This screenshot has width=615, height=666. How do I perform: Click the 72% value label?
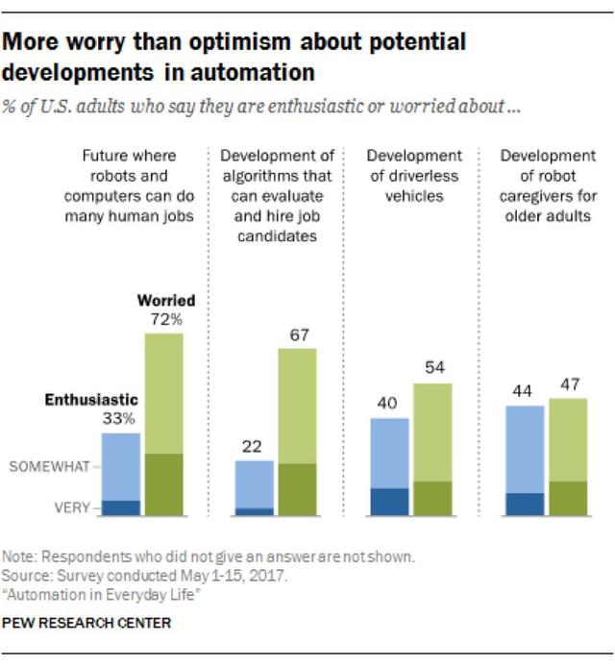pyautogui.click(x=163, y=319)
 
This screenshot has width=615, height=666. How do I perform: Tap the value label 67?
pyautogui.click(x=297, y=333)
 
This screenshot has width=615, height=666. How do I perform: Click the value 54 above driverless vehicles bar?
pyautogui.click(x=432, y=368)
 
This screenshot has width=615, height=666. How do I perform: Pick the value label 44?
pyautogui.click(x=525, y=391)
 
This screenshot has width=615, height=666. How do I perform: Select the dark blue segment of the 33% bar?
pyautogui.click(x=121, y=507)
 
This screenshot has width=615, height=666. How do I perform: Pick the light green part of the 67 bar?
pyautogui.click(x=297, y=404)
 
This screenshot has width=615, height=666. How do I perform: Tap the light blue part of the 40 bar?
pyautogui.click(x=390, y=452)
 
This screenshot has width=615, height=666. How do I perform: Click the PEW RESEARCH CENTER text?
pyautogui.click(x=86, y=624)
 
